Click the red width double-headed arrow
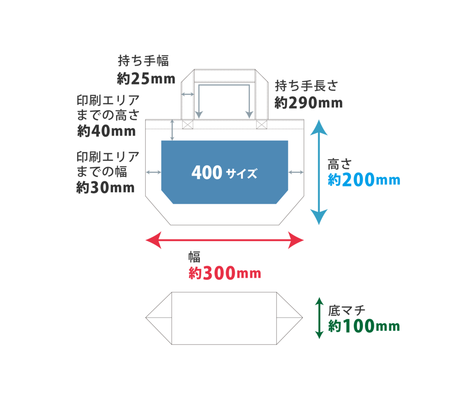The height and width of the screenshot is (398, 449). coord(225,240)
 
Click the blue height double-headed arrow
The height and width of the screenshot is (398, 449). coord(319,172)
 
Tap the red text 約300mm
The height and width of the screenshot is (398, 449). coord(225,273)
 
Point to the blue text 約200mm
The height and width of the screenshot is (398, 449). coord(364,180)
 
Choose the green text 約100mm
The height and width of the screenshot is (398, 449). coord(364,327)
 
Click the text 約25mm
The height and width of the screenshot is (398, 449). coord(146,79)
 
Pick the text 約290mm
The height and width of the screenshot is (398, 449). coord(308,103)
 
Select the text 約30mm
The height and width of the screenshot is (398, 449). coord(105,188)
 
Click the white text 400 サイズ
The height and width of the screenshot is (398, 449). coord(224,173)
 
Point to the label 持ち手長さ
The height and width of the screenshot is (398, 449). coord(306,85)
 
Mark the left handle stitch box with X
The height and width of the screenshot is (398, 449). coord(188,125)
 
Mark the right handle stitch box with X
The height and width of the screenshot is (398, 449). coord(262,125)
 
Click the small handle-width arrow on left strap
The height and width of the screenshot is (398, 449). coord(188,95)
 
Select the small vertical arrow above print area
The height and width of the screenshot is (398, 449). coord(173,130)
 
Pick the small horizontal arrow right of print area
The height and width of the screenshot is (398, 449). coord(296,172)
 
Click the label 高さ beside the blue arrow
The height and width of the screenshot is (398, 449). coord(339,164)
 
